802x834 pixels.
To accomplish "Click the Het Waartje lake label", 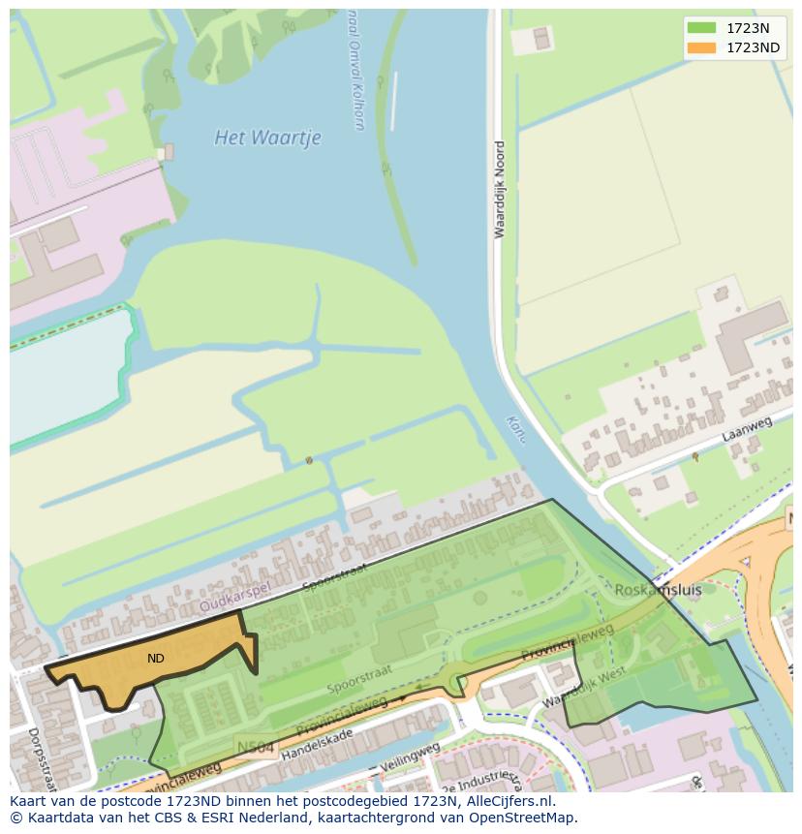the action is pyautogui.click(x=267, y=138).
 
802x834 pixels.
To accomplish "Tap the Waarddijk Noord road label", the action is pyautogui.click(x=500, y=190).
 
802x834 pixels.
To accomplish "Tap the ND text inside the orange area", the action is pyautogui.click(x=155, y=659).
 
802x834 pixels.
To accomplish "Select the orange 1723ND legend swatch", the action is pyautogui.click(x=701, y=47).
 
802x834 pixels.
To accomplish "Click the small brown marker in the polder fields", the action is pyautogui.click(x=309, y=460).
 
